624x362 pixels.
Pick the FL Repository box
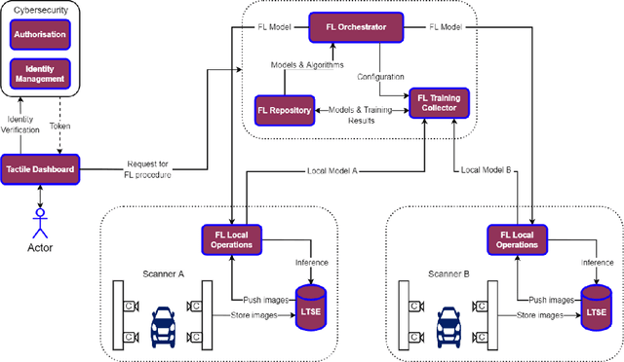coord(284,110)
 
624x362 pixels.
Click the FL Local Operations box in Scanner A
coord(230,239)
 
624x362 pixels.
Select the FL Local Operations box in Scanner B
coord(516,239)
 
